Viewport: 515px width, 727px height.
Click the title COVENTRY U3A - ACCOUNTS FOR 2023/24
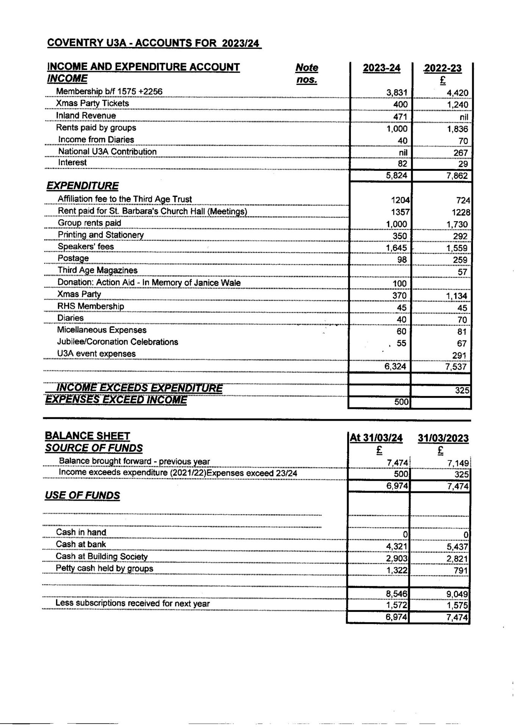154,43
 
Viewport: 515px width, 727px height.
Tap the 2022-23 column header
443,68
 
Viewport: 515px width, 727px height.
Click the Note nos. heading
307,73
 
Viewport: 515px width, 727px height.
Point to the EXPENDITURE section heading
82,186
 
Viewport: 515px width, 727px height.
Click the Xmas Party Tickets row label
92,103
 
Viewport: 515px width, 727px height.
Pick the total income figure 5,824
396,176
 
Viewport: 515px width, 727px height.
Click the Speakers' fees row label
86,246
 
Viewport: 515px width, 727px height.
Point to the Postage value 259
460,260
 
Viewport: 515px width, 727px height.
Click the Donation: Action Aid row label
149,282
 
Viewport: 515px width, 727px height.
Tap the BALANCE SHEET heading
87,436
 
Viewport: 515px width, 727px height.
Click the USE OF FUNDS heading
82,495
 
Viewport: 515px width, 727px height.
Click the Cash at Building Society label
102,556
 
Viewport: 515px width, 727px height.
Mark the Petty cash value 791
461,571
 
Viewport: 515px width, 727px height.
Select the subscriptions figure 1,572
397,605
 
